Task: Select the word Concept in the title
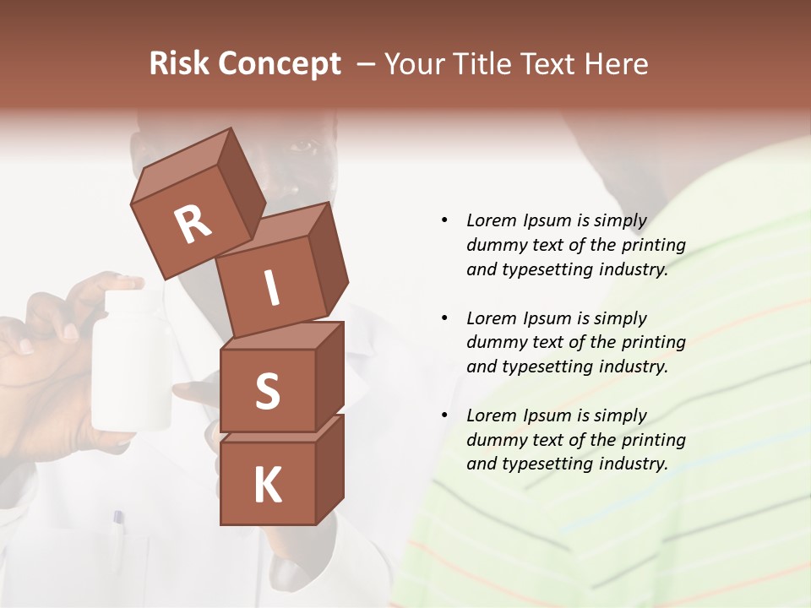[x=279, y=65]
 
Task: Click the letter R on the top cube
[x=193, y=225]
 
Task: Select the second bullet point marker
[x=444, y=318]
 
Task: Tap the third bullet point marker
[x=444, y=415]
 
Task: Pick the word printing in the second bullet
[x=653, y=343]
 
